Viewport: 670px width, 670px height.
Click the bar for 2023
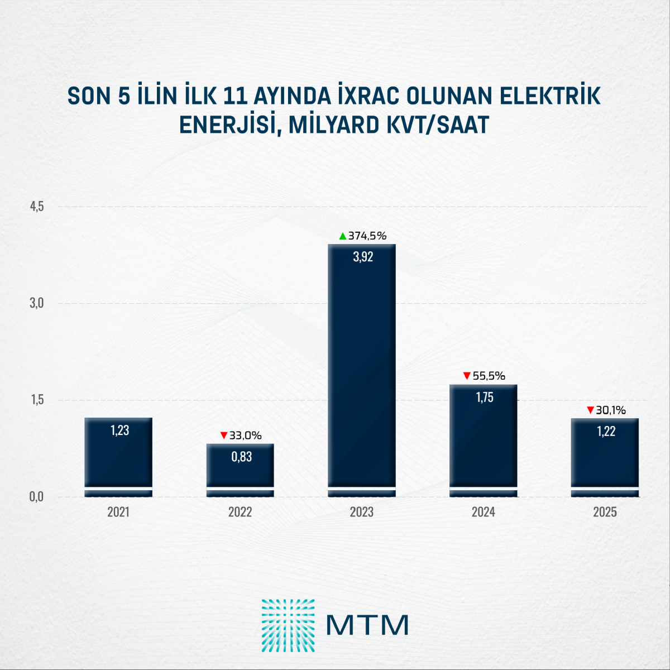click(362, 368)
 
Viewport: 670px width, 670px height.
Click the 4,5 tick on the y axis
click(37, 207)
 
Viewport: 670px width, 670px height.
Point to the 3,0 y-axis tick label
click(37, 303)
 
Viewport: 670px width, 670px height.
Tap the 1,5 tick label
click(37, 400)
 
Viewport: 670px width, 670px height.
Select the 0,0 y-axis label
click(37, 496)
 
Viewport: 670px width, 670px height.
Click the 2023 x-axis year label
click(362, 512)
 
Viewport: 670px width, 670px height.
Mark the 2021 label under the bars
click(118, 512)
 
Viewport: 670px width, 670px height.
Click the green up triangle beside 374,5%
click(343, 236)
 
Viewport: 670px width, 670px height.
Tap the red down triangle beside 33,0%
click(224, 435)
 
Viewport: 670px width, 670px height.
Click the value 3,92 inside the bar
click(363, 257)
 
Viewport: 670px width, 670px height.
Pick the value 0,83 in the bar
click(242, 457)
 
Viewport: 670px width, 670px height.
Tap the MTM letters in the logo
click(367, 625)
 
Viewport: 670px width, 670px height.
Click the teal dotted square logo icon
click(288, 625)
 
